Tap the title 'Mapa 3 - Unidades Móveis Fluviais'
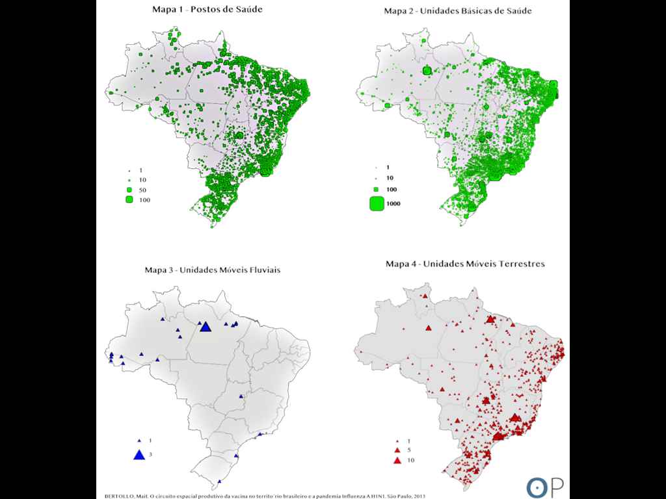(212, 270)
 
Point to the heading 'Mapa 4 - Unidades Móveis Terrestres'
(465, 264)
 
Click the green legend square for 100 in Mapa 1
(129, 199)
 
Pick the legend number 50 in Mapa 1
(143, 189)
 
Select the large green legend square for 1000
(377, 203)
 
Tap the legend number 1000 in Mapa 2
(393, 204)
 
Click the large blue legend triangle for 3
(139, 454)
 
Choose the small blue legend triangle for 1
(139, 441)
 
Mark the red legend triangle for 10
(397, 460)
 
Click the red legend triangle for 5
(397, 450)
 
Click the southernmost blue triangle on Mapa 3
(220, 481)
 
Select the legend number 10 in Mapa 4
(410, 461)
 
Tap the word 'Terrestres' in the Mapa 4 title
(521, 264)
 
